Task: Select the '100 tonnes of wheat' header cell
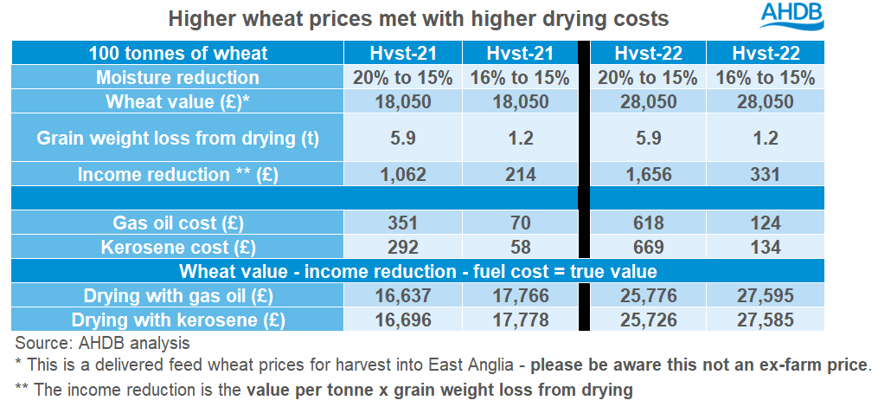(x=178, y=53)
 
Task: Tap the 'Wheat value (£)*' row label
(x=178, y=101)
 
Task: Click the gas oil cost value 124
(x=765, y=223)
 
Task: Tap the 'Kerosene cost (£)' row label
(x=178, y=247)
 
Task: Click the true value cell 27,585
(x=765, y=320)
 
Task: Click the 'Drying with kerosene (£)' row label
(x=178, y=320)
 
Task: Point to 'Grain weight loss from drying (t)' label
(x=178, y=138)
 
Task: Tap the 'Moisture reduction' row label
(x=178, y=77)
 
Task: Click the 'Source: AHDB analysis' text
(x=102, y=343)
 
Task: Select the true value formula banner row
(x=419, y=271)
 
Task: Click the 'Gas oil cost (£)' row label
(x=178, y=223)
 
